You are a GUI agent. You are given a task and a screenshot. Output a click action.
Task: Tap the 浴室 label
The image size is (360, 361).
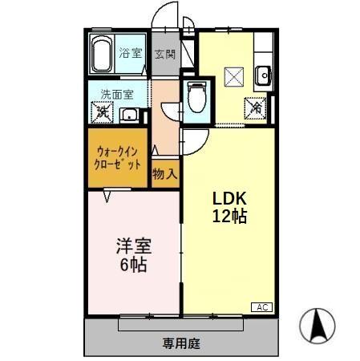[x=131, y=55]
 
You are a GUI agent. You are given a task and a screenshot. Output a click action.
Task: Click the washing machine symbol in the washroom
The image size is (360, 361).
[x=103, y=112]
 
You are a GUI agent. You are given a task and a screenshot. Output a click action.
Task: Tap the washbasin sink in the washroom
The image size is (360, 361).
[x=129, y=114]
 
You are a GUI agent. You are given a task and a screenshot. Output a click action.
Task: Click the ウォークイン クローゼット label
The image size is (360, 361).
[x=119, y=156]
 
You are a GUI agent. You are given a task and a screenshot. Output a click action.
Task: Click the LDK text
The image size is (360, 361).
[x=229, y=198]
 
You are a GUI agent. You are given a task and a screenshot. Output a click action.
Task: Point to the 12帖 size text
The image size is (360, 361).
[x=229, y=216]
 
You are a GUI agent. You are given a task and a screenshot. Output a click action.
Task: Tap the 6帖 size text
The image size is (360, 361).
[x=133, y=266]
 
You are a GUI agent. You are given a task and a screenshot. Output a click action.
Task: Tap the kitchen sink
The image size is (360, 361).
[x=265, y=75]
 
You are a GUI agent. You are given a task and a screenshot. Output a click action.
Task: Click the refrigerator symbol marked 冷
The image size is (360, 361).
[x=257, y=104]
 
